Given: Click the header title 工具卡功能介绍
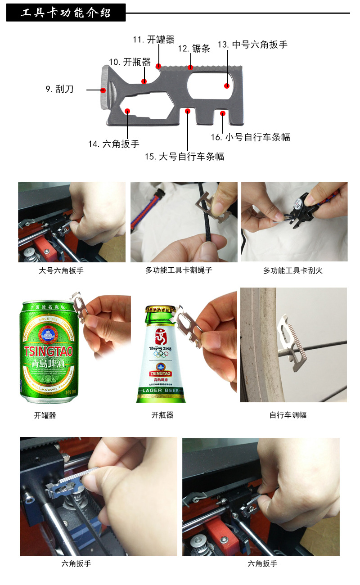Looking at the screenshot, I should coord(66,13).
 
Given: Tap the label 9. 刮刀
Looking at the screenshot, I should coord(59,89).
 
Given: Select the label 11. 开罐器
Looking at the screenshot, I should coord(153,40).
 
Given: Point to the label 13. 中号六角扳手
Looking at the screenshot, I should coord(252,45).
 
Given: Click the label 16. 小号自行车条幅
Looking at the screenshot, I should coord(251,137).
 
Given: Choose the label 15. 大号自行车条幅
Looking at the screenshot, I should coord(184,157).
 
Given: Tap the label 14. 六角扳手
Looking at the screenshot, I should coord(114,144).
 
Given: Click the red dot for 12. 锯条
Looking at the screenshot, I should coord(191,68).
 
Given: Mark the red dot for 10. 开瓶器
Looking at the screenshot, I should coord(144,81).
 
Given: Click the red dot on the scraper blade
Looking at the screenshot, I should coord(103,90).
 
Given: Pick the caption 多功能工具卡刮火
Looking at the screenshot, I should coord(293,271).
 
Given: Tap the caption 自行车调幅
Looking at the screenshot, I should coord(288,415).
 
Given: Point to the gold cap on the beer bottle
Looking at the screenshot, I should coord(160,310).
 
